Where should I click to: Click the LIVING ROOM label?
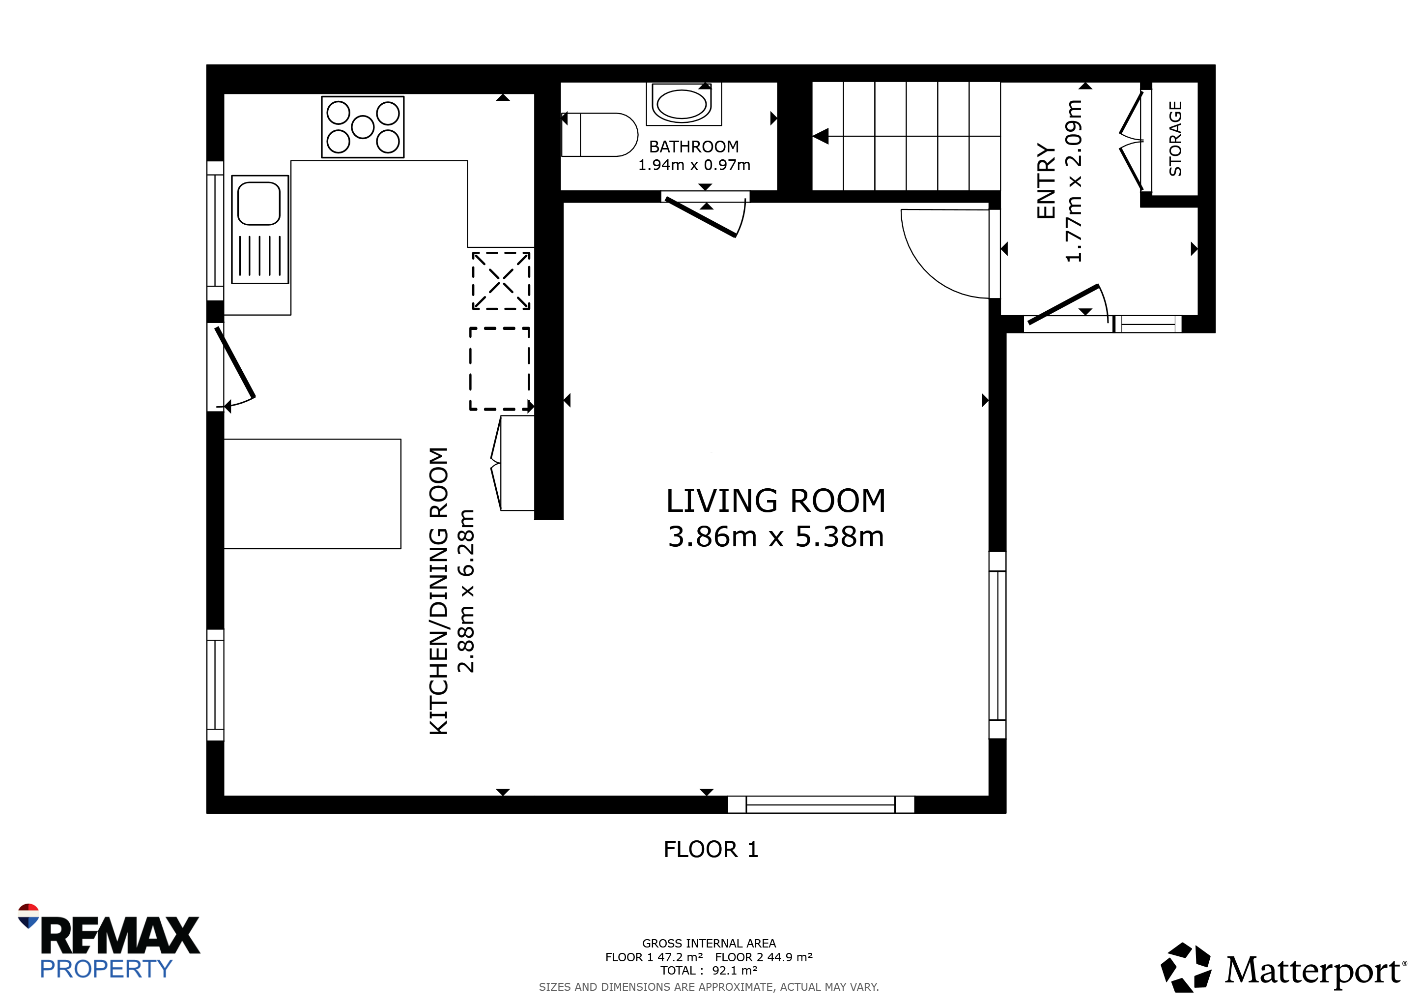(x=776, y=501)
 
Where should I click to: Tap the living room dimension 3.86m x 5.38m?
(x=776, y=536)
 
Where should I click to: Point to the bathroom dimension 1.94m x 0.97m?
(x=694, y=165)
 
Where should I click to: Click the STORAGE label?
(x=1175, y=139)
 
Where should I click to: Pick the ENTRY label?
(x=1046, y=181)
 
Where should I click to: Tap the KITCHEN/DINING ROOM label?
(x=438, y=591)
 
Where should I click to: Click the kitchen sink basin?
(x=259, y=204)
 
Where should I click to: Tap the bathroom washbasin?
(x=683, y=104)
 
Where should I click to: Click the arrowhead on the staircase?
(x=821, y=136)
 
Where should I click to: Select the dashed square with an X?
(x=501, y=280)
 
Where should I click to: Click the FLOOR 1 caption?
(x=711, y=850)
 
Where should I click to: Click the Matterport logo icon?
(x=1186, y=967)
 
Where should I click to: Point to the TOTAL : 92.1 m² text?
(x=709, y=971)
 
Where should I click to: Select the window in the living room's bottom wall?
(x=821, y=804)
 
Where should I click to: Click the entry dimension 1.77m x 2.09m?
(x=1074, y=181)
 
